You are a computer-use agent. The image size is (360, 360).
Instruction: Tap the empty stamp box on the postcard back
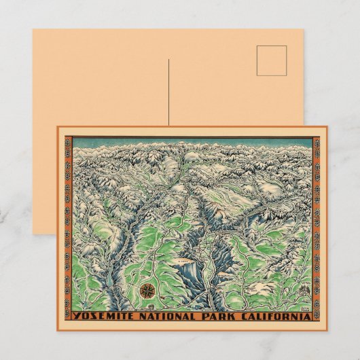pos(271,61)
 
